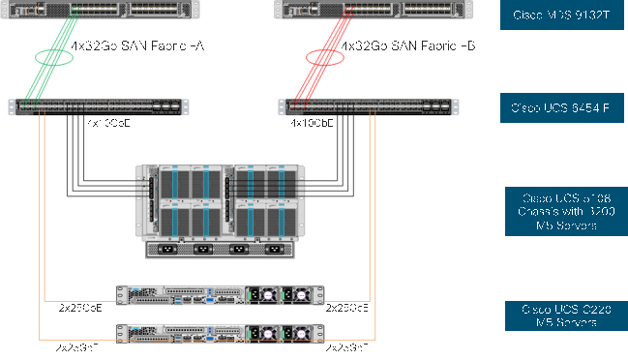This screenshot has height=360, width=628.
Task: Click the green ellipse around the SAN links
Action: click(54, 58)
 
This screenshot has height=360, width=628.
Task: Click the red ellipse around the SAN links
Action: click(325, 58)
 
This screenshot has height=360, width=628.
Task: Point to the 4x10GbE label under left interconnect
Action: click(108, 124)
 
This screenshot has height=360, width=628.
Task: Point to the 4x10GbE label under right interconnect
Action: click(312, 124)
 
